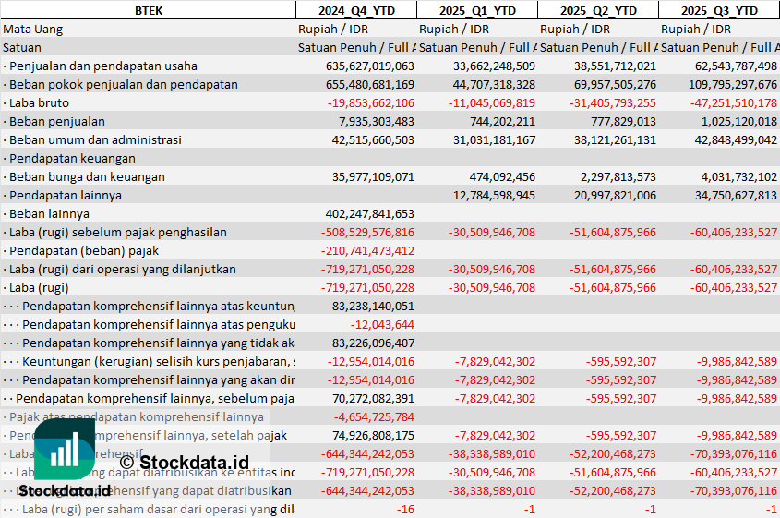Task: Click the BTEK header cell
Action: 148,10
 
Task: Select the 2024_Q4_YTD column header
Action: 355,10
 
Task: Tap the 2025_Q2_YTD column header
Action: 597,10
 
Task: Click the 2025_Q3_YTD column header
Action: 720,10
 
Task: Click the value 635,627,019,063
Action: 370,66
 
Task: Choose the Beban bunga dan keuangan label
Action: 88,176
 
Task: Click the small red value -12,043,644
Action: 382,324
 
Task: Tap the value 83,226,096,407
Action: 374,343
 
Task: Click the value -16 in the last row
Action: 405,509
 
